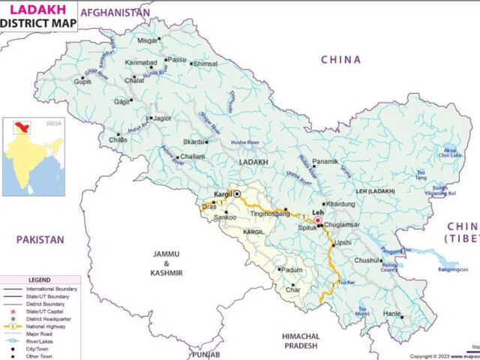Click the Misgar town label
(x=148, y=40)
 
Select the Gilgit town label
(x=121, y=101)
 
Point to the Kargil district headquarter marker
(x=238, y=193)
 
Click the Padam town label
(x=292, y=269)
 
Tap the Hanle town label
(x=391, y=314)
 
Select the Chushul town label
(x=367, y=260)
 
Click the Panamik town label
(x=325, y=162)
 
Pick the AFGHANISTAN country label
(x=115, y=13)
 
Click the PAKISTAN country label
(x=40, y=240)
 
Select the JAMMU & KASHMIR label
(x=167, y=263)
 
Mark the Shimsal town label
(x=205, y=64)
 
